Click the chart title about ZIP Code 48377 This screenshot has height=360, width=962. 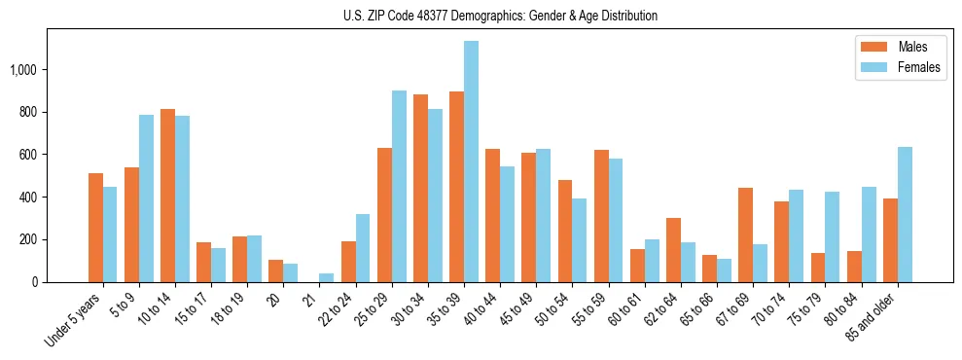tap(500, 16)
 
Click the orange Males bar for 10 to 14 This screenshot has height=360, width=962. tap(167, 196)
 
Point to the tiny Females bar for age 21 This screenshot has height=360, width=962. tap(326, 277)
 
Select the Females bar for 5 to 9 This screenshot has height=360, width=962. tap(146, 198)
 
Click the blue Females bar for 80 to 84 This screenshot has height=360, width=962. tap(869, 234)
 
